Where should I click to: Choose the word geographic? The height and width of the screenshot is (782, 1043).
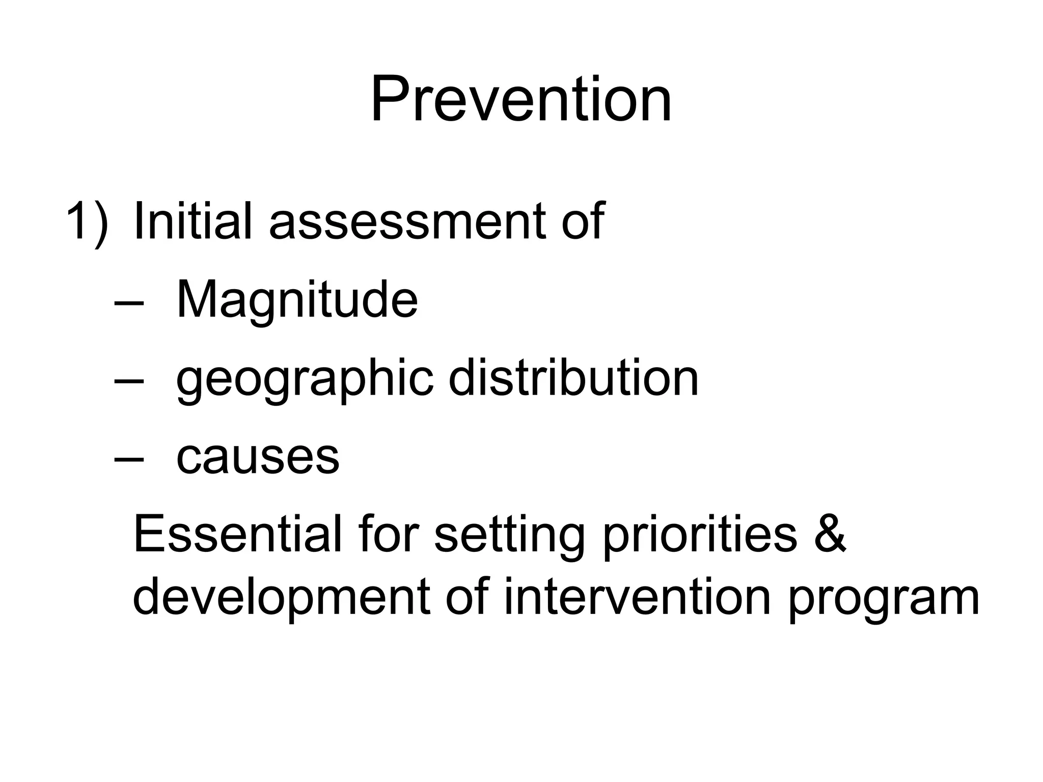(x=305, y=380)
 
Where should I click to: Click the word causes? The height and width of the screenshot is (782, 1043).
(x=258, y=457)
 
